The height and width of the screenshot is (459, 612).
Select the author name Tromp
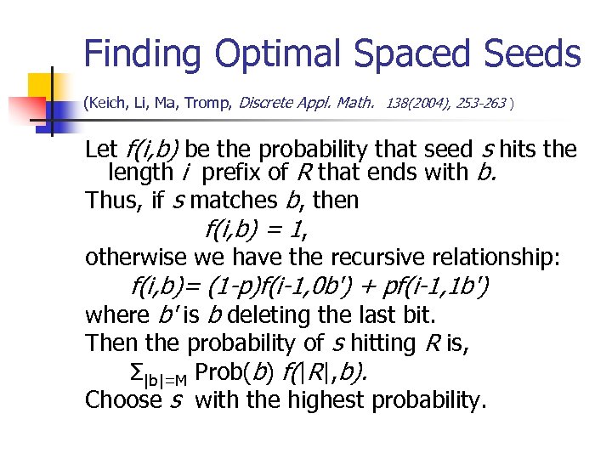coord(207,104)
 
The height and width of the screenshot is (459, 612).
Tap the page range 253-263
coord(479,104)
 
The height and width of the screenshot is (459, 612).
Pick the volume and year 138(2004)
coord(417,104)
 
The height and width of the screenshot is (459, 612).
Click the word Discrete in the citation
coord(269,103)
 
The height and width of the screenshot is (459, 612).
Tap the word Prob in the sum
coord(218,371)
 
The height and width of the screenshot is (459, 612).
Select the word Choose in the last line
coord(123,399)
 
